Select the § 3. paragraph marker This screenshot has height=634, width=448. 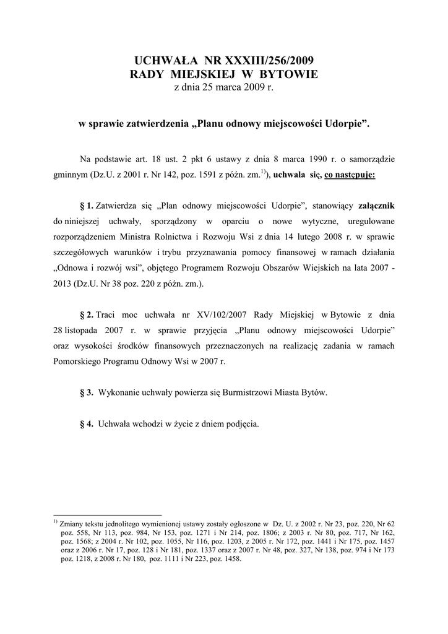(87, 393)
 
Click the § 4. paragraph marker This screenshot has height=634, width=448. (87, 425)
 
